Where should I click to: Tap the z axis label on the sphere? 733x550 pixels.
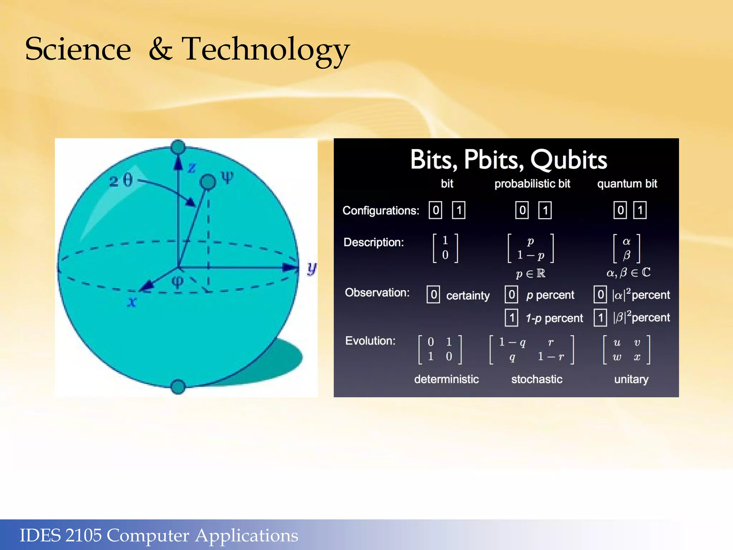pyautogui.click(x=192, y=168)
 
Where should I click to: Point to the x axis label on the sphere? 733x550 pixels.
pyautogui.click(x=132, y=302)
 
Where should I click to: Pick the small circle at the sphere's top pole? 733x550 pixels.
pyautogui.click(x=178, y=147)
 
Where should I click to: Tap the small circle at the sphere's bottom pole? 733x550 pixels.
pyautogui.click(x=178, y=387)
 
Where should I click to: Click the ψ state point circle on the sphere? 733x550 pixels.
pyautogui.click(x=208, y=182)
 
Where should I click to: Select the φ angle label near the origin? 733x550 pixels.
pyautogui.click(x=178, y=281)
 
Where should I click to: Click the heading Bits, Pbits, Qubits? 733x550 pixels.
pyautogui.click(x=508, y=160)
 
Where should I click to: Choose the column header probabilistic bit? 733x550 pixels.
pyautogui.click(x=532, y=184)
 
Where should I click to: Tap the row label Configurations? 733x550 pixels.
pyautogui.click(x=380, y=211)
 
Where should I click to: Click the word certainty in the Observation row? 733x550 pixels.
pyautogui.click(x=468, y=295)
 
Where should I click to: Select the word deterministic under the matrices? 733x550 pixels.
pyautogui.click(x=446, y=379)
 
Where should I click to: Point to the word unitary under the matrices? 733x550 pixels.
pyautogui.click(x=631, y=379)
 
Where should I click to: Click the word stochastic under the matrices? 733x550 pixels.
pyautogui.click(x=537, y=379)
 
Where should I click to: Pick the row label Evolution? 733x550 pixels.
pyautogui.click(x=370, y=341)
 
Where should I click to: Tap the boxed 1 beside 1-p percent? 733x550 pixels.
pyautogui.click(x=511, y=318)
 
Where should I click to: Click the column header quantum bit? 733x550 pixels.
pyautogui.click(x=627, y=184)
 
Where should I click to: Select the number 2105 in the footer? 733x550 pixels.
pyautogui.click(x=83, y=535)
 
